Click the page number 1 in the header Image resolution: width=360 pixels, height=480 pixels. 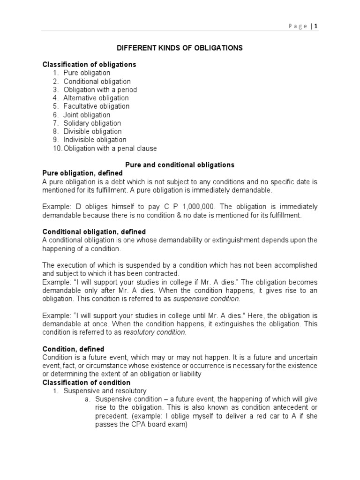pyautogui.click(x=316, y=27)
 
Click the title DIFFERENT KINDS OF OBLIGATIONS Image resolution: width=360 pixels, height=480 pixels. pyautogui.click(x=180, y=48)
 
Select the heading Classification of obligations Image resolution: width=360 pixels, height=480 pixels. pyautogui.click(x=89, y=64)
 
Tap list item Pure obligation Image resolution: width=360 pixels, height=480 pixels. pyautogui.click(x=87, y=73)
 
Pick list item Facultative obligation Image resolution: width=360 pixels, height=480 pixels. pyautogui.click(x=97, y=106)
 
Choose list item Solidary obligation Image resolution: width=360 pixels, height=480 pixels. pyautogui.click(x=92, y=123)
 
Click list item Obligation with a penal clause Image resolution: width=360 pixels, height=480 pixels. pyautogui.click(x=110, y=149)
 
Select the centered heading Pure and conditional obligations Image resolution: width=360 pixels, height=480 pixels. pyautogui.click(x=180, y=165)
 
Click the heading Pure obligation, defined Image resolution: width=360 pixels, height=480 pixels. pyautogui.click(x=82, y=173)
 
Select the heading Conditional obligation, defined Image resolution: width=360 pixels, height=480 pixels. pyautogui.click(x=94, y=232)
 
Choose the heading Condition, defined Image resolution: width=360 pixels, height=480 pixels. pyautogui.click(x=73, y=349)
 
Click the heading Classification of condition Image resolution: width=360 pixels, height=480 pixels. pyautogui.click(x=87, y=382)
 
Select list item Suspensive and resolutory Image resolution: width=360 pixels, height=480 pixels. pyautogui.click(x=105, y=391)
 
